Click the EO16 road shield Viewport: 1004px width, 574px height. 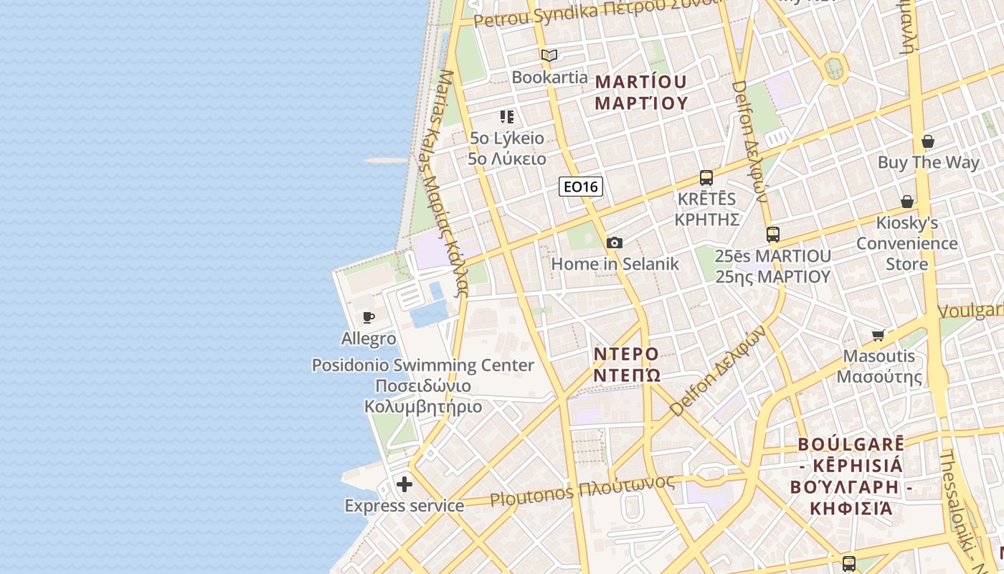coord(581,187)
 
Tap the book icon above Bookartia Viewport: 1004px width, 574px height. coord(549,55)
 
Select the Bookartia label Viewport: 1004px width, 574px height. coord(549,77)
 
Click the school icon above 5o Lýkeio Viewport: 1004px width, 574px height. coord(507,116)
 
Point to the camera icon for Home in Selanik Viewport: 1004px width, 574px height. coord(615,243)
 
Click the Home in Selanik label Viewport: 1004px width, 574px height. coord(615,263)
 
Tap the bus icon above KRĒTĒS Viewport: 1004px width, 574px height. coord(706,177)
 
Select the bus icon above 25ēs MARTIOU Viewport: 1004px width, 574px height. coord(772,234)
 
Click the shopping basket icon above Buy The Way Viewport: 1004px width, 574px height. coord(928,141)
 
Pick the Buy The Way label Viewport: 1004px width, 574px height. coord(928,162)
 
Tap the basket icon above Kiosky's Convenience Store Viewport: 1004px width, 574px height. coord(907,202)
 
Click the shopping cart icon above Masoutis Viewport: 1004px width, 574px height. coord(879,335)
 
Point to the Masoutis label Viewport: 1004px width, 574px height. coord(879,366)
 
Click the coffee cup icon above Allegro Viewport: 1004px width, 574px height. coord(369,317)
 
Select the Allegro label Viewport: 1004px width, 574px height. coord(369,338)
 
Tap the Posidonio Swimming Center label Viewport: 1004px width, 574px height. coord(423,385)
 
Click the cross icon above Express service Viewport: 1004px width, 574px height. coord(404,484)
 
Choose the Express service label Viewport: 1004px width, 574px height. coord(404,506)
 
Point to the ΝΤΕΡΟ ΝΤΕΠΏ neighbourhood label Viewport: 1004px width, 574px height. coord(626,364)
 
